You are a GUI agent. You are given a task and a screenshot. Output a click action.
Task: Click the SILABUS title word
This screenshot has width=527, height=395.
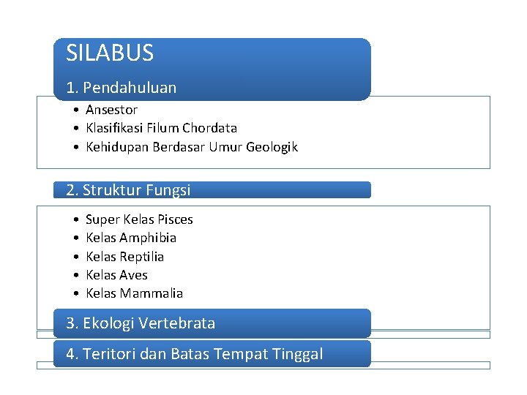[x=110, y=53]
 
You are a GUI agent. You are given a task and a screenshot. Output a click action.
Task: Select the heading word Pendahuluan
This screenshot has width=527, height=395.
[x=130, y=88]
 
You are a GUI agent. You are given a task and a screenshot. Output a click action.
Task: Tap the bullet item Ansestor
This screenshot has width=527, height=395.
[x=111, y=110]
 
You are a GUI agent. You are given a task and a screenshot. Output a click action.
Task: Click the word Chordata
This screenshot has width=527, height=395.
[x=210, y=128]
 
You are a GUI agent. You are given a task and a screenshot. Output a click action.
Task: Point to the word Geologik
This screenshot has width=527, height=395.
[x=272, y=148]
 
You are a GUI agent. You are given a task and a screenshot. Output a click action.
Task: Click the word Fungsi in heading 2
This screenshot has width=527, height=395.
[x=168, y=190]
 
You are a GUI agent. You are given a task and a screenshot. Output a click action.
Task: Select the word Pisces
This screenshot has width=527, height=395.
[x=176, y=219]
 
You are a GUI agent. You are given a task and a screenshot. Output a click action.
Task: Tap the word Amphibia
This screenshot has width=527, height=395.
[x=148, y=238]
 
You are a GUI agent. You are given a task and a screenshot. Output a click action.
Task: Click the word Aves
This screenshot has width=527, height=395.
[x=134, y=275]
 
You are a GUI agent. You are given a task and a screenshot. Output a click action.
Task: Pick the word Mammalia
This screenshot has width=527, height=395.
[x=152, y=293]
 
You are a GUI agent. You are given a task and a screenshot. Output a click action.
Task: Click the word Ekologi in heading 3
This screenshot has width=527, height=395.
[x=107, y=323]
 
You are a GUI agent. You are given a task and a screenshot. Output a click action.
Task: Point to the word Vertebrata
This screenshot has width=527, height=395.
[x=177, y=323]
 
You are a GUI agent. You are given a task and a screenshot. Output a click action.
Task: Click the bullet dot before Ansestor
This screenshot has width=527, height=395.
[x=76, y=110]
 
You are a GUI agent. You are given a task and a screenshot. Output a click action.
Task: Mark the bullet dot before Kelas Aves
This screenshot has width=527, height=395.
[x=76, y=275]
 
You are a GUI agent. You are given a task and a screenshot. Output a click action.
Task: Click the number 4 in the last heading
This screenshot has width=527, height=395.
[x=70, y=354]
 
